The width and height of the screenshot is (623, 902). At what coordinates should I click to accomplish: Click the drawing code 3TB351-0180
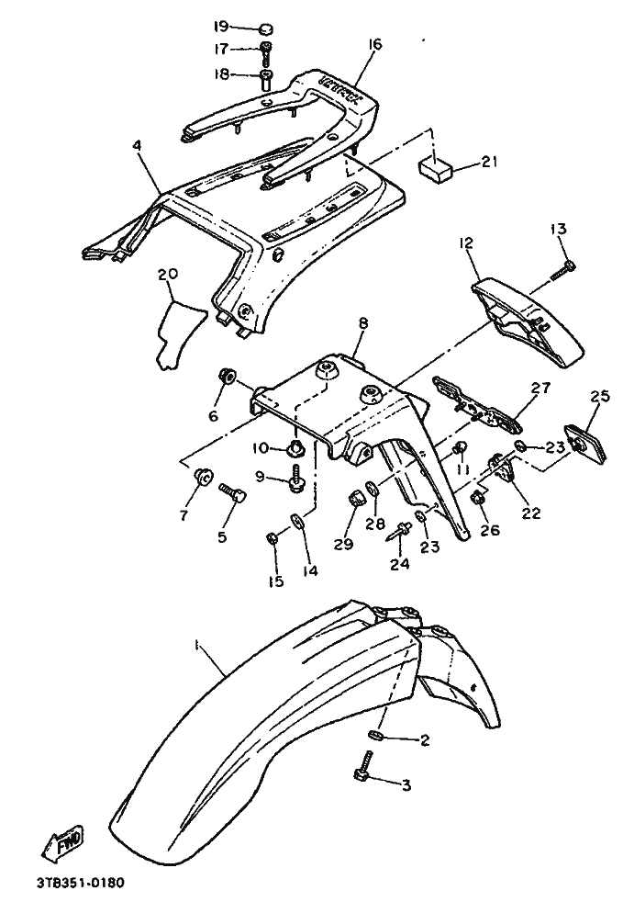click(x=80, y=885)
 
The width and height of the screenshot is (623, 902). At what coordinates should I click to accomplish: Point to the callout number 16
click(x=374, y=44)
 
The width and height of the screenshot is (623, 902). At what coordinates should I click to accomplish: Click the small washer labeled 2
click(x=376, y=735)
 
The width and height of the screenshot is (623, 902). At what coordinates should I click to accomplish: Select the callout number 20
click(x=167, y=274)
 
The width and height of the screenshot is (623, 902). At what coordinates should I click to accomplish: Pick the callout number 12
click(x=466, y=243)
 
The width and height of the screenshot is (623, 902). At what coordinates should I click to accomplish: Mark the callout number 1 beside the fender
click(x=196, y=647)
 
